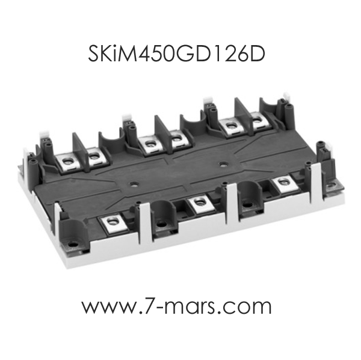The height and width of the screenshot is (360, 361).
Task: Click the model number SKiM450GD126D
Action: (x=176, y=54)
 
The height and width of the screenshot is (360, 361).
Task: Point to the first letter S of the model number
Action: (x=94, y=54)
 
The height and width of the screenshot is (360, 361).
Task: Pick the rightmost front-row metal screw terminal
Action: (x=283, y=183)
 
